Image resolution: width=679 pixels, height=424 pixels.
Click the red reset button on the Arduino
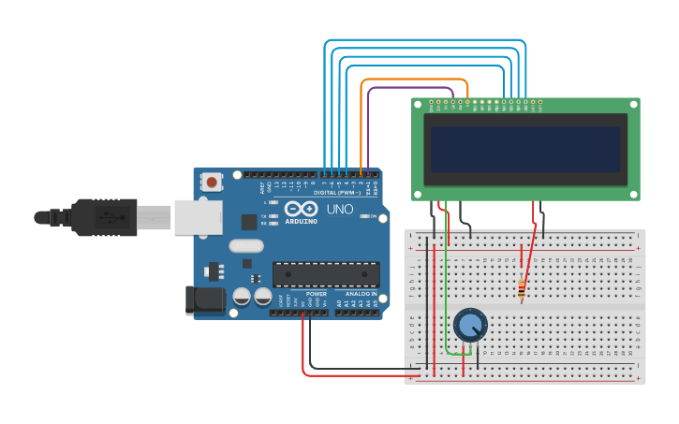coord(213,182)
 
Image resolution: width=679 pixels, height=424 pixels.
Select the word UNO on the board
coord(339,209)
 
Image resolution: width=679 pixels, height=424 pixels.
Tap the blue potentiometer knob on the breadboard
coord(470,326)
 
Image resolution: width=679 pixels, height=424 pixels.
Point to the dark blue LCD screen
coord(525,149)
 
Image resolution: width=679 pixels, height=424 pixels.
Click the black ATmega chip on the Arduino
coord(326,274)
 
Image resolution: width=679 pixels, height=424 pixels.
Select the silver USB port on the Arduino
coord(198,217)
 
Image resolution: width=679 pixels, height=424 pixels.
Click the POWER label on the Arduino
coord(316,294)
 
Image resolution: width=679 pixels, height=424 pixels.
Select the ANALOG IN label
coord(360,294)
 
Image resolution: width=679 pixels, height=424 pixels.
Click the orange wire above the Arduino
coord(412,80)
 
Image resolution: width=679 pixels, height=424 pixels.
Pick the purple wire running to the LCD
coord(412,89)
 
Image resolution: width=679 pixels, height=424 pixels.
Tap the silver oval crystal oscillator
coord(245,246)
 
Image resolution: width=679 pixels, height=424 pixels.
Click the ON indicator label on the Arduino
coord(374,216)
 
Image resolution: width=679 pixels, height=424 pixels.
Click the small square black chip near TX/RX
coord(249,222)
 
